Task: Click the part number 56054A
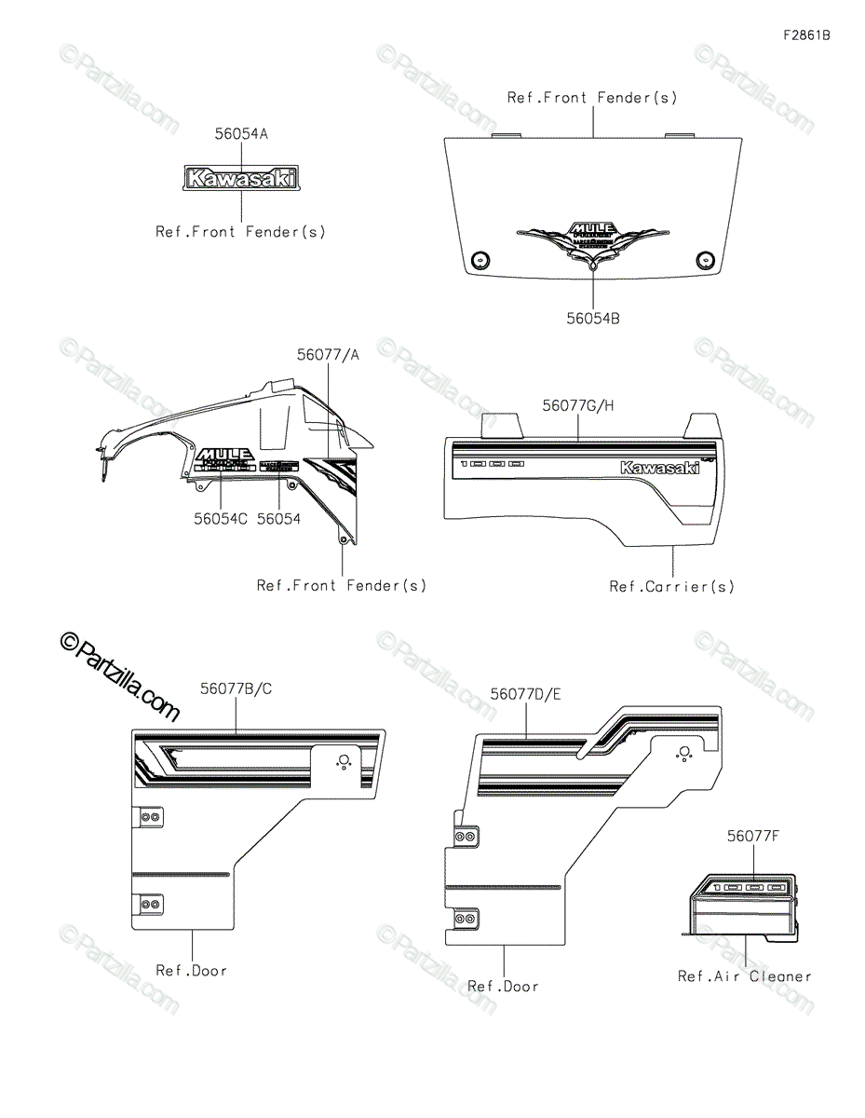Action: tap(241, 134)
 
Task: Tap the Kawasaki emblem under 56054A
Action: tap(241, 177)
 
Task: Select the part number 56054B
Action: tap(593, 319)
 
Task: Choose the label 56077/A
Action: tap(328, 355)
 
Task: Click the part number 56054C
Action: tap(221, 519)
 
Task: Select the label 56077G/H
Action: tap(578, 406)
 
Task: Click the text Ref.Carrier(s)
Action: tap(671, 587)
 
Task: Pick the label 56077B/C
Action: tap(236, 689)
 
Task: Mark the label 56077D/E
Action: tap(526, 693)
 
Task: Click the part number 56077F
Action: tap(753, 837)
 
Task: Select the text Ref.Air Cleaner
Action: tap(744, 976)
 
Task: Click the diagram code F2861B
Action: tap(806, 36)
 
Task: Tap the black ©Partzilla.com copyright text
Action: tap(119, 676)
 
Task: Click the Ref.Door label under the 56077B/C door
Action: tap(191, 971)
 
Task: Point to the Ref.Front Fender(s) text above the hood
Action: tap(592, 97)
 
